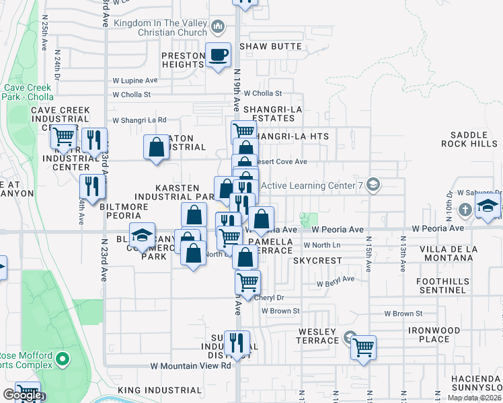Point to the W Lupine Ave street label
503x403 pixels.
click(134, 81)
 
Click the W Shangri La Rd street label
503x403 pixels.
click(139, 120)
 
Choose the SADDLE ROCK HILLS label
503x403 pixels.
click(469, 139)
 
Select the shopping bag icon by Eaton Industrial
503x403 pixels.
click(157, 147)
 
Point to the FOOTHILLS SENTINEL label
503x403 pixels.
click(441, 285)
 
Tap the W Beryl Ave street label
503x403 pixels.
click(336, 280)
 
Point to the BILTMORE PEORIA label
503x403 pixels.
click(124, 207)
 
